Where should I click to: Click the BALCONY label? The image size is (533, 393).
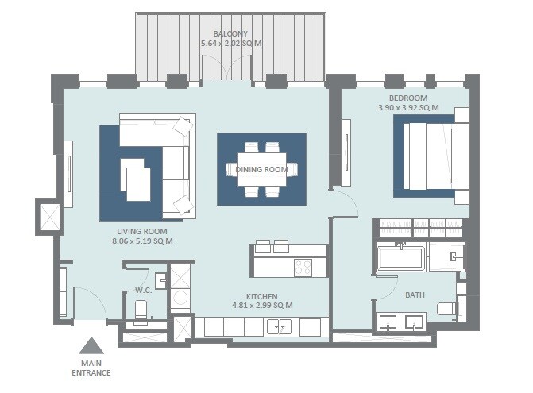point(230,34)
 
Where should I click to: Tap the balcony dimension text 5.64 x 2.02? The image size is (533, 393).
point(230,44)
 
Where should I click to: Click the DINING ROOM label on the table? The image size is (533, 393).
point(261,169)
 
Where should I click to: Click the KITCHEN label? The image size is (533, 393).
point(262,295)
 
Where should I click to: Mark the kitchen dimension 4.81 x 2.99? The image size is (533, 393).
point(262,306)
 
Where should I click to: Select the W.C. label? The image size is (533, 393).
point(144,291)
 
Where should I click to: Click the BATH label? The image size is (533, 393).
point(415,295)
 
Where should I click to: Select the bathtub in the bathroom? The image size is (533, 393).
point(402,258)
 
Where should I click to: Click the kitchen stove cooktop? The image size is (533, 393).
point(303,268)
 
